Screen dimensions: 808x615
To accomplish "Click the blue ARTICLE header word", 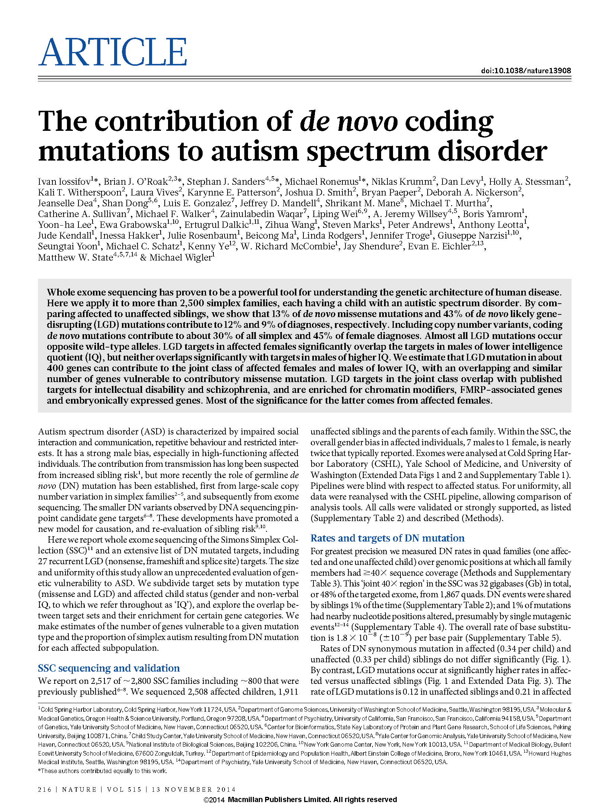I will (112, 52).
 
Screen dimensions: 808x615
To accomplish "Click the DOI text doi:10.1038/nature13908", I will (526, 71).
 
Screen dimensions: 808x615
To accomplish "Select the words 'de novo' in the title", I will (349, 122).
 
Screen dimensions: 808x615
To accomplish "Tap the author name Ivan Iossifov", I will (64, 182).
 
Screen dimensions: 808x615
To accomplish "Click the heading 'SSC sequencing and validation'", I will (109, 668).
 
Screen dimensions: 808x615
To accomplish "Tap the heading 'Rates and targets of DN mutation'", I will (387, 538).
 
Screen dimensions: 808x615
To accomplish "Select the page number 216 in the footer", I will (45, 789).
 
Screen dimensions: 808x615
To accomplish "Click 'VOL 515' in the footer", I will (124, 789).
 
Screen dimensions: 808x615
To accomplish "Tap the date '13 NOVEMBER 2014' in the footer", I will (193, 789).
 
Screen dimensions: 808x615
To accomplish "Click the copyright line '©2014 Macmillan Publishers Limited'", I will (300, 799).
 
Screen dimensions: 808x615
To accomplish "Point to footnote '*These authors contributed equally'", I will (102, 771).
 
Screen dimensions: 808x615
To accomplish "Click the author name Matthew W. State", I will (75, 257).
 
